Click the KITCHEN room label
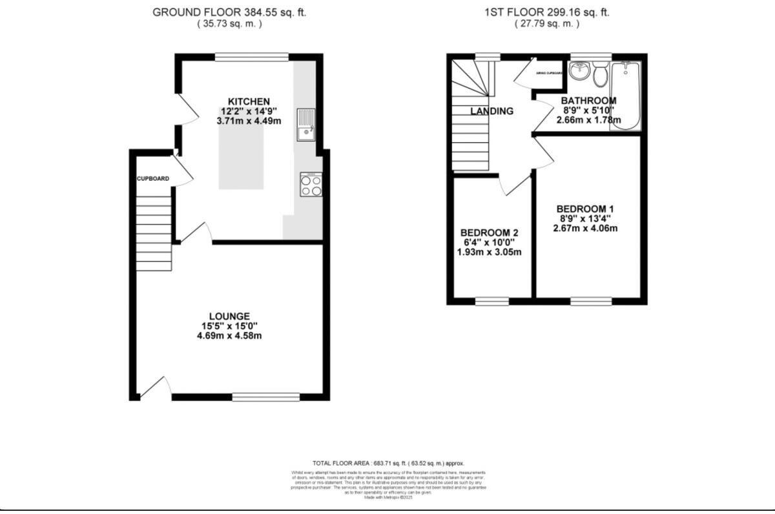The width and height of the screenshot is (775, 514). click(249, 101)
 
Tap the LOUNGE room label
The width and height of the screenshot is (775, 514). click(233, 316)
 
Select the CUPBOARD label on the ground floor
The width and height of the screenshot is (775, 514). click(153, 179)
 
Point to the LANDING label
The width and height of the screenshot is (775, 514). click(491, 111)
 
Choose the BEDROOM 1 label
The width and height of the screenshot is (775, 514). click(585, 209)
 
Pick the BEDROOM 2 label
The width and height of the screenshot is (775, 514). click(489, 232)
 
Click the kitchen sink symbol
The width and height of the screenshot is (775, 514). click(304, 125)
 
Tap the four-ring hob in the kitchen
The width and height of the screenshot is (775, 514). click(311, 185)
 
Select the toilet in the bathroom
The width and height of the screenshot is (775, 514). click(600, 75)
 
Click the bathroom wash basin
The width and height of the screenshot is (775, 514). click(580, 71)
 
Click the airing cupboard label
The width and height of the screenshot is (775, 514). click(550, 74)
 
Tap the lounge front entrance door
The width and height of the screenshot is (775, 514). click(155, 388)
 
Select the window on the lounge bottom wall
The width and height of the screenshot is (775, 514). click(266, 396)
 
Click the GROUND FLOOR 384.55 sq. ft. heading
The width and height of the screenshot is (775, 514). click(229, 12)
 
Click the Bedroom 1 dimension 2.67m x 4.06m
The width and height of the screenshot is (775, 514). click(585, 228)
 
